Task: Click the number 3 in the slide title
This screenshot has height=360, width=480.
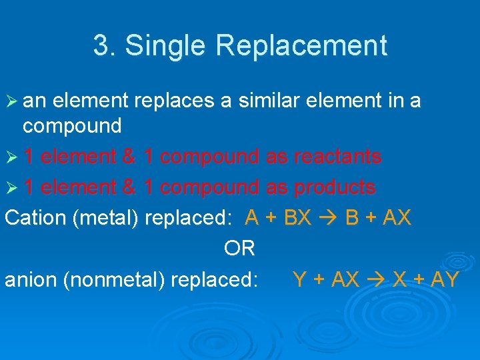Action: tap(99, 46)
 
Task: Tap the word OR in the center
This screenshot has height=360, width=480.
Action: tap(239, 249)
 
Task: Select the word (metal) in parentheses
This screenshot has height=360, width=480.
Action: tap(107, 218)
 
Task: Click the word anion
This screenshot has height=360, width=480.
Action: tap(31, 279)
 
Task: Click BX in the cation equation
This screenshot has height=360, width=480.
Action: tap(297, 218)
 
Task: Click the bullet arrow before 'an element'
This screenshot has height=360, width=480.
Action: tap(11, 101)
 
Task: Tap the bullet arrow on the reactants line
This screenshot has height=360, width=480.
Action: tap(11, 157)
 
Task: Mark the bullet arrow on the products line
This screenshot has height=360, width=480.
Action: tap(11, 188)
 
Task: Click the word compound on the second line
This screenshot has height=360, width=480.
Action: tap(72, 125)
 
